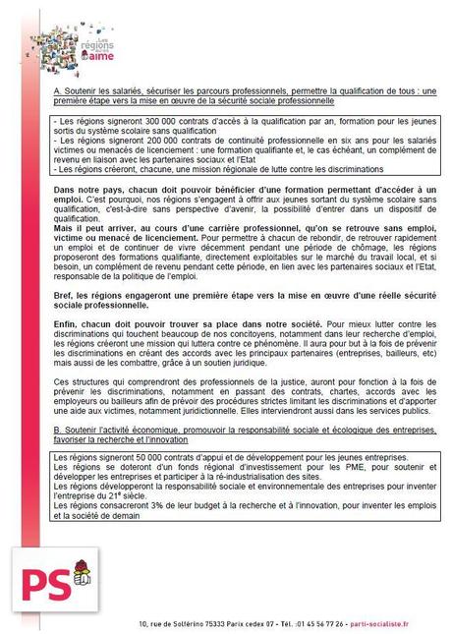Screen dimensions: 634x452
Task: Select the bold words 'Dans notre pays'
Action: point(88,190)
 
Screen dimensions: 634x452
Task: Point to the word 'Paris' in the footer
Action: point(263,624)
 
